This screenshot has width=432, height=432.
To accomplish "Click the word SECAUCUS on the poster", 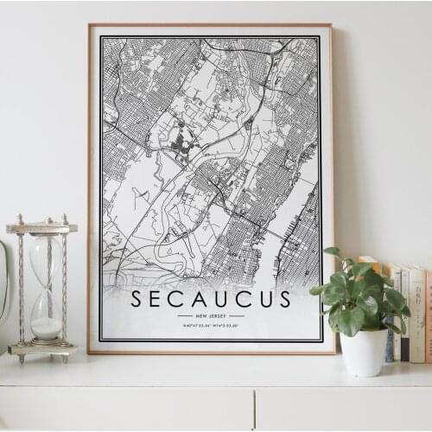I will click(x=212, y=299).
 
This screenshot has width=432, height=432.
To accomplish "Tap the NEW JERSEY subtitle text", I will click(x=212, y=315).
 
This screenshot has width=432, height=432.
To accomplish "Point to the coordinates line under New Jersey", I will click(x=212, y=326).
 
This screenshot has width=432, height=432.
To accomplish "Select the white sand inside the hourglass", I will click(x=47, y=327).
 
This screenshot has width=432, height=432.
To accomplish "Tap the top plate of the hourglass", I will click(x=41, y=228).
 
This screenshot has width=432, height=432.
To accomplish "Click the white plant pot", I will click(x=364, y=351).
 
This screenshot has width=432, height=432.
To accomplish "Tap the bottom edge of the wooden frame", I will click(x=212, y=352).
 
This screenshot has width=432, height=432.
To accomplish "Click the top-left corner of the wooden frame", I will click(x=90, y=25).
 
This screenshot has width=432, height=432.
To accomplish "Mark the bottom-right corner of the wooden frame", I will click(x=333, y=352).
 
